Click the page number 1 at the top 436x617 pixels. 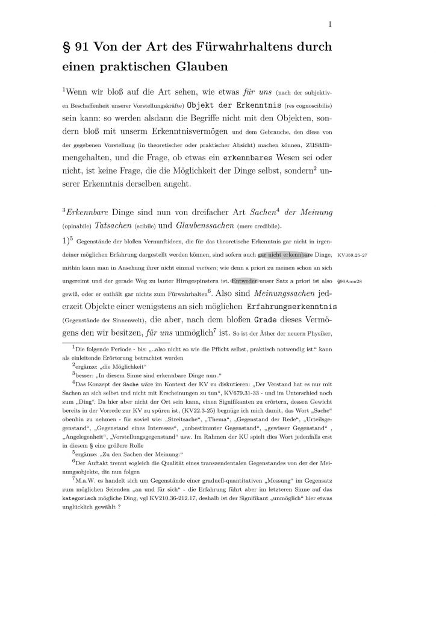tap(331, 25)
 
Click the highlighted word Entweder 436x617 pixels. tap(245, 281)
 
